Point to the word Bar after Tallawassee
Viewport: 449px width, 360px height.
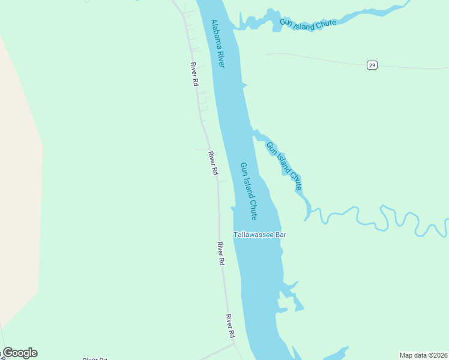pos(280,235)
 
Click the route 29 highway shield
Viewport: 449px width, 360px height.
pos(372,65)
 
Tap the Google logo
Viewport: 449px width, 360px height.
pos(20,353)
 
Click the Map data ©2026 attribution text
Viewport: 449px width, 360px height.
pos(423,355)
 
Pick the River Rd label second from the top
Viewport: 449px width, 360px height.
pos(213,163)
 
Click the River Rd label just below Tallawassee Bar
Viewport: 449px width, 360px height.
pos(221,254)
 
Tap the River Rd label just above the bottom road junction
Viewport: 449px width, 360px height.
pos(230,325)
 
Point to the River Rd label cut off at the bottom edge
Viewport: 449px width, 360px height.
pos(95,358)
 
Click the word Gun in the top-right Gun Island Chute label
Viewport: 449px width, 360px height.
pos(286,23)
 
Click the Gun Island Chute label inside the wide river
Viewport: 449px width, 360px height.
pos(249,191)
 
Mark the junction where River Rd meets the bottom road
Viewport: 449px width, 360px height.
pos(234,344)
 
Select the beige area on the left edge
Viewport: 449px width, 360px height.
pos(18,180)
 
